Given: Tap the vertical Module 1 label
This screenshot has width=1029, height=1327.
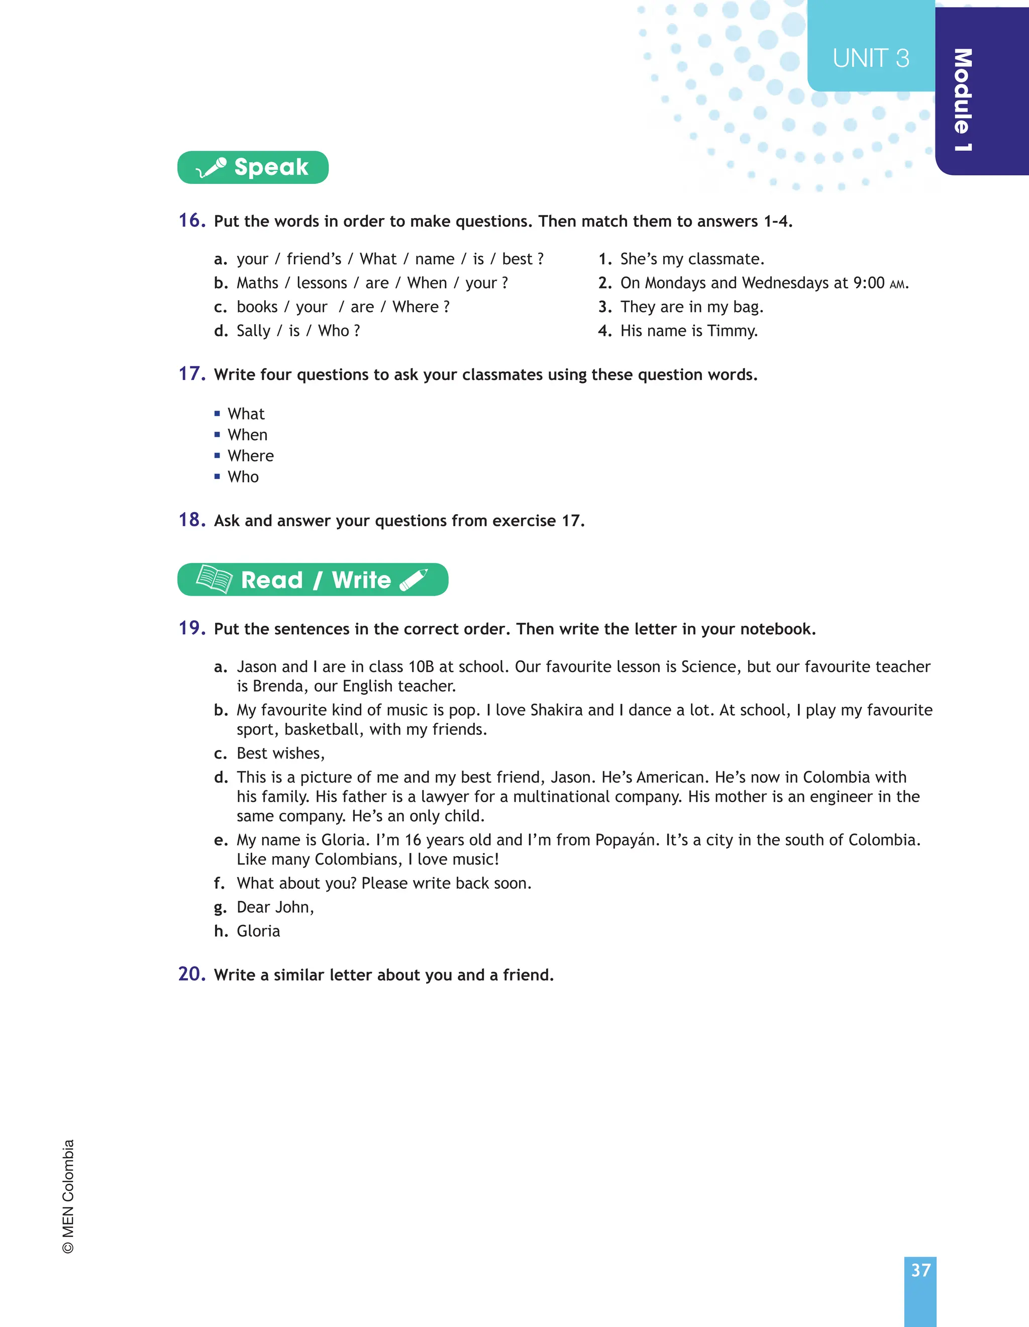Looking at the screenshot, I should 963,100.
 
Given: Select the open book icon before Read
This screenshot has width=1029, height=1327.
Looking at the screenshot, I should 215,579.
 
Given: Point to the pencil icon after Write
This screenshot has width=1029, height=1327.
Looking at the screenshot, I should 414,580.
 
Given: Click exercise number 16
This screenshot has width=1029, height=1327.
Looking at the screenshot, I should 192,220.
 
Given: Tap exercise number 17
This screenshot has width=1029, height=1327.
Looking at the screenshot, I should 192,373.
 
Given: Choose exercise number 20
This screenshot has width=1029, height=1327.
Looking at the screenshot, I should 192,973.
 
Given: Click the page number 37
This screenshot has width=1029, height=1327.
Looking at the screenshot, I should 920,1270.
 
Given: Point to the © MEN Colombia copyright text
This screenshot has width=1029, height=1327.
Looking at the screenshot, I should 68,1196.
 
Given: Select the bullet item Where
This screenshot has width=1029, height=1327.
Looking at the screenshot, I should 250,456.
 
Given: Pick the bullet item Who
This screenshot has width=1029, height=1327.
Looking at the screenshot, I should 243,477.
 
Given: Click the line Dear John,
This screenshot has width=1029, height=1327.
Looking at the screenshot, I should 275,907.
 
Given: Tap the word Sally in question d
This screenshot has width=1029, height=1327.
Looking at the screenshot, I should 253,331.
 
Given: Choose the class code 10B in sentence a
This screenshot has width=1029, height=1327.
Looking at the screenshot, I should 421,667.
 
